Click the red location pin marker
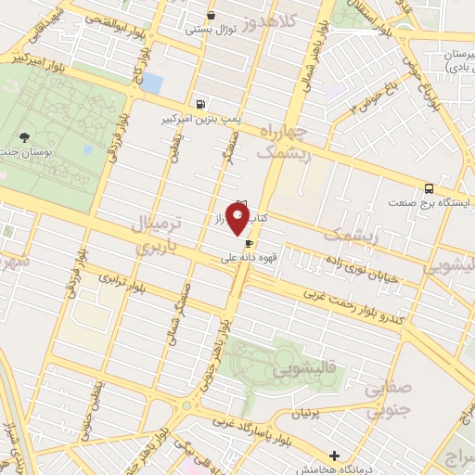click(238, 220)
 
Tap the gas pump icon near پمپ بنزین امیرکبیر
click(200, 104)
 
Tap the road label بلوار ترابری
click(124, 283)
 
